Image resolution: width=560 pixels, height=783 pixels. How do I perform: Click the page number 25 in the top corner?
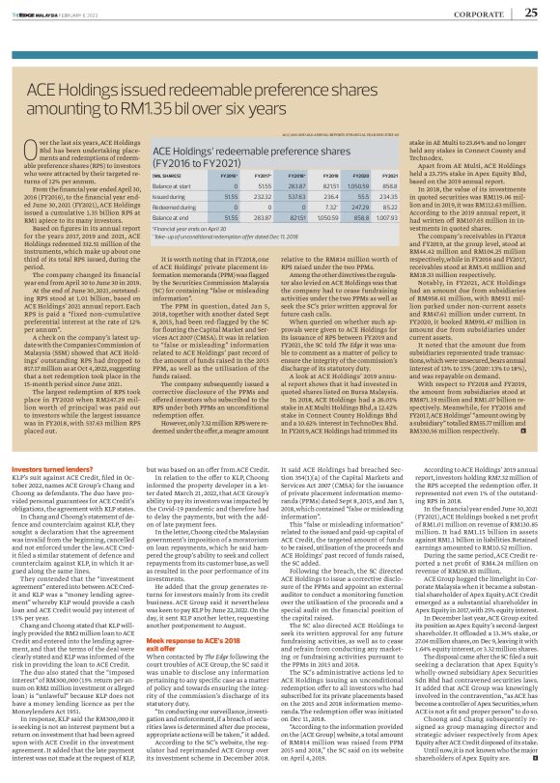[532, 12]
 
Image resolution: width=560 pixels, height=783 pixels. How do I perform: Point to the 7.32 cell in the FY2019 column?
[326, 233]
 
